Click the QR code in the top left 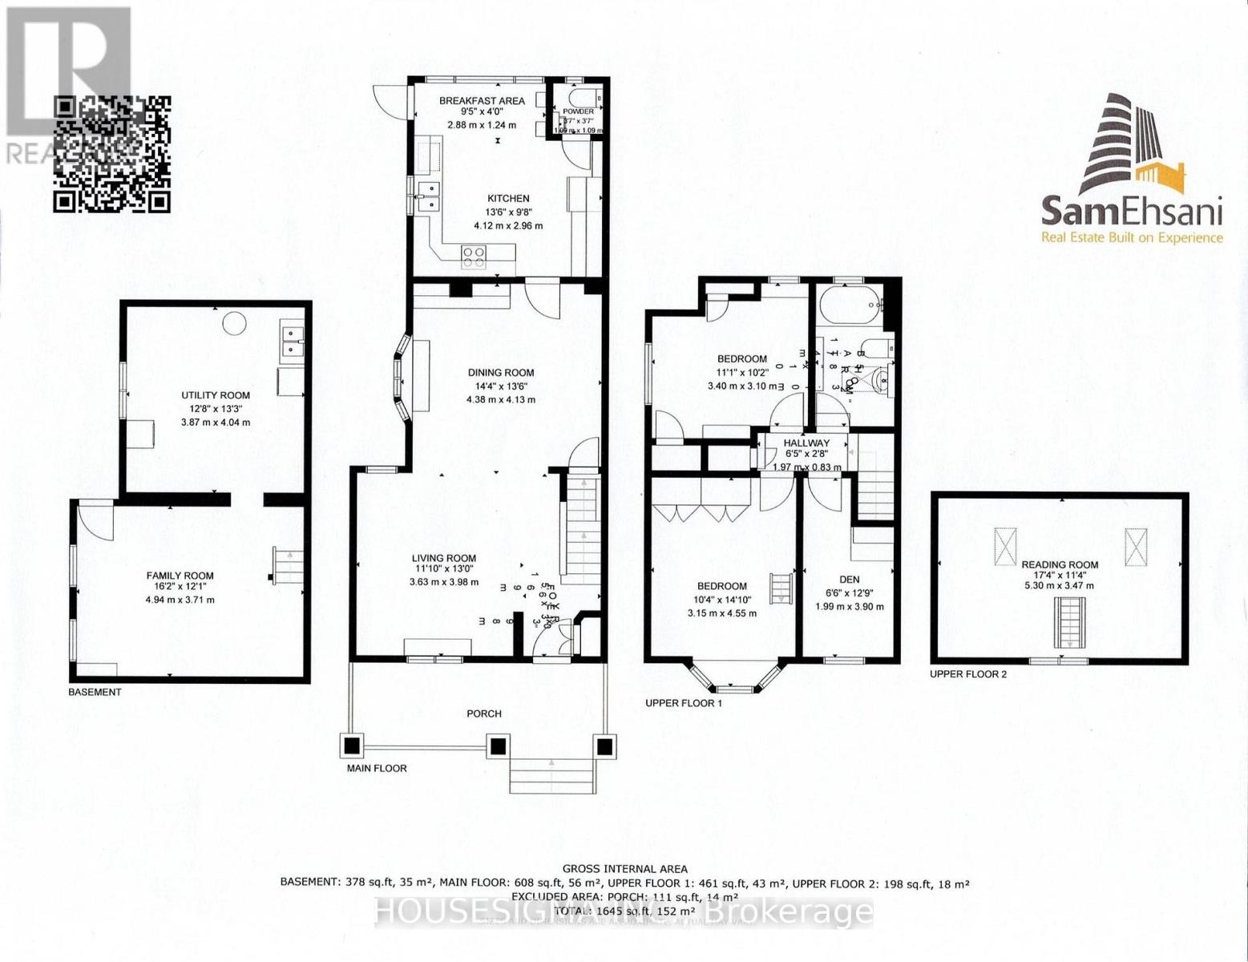[111, 154]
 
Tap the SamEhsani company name [1131, 212]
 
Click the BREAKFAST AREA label [482, 101]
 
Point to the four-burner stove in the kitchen [474, 256]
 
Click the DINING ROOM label [501, 373]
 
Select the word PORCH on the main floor [484, 713]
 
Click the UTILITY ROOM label [215, 395]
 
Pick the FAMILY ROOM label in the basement [180, 576]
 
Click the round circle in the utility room [234, 323]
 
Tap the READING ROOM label [1060, 564]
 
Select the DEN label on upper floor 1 [849, 580]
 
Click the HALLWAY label [806, 443]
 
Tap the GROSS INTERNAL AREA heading [624, 868]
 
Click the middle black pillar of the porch [498, 747]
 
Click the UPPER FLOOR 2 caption [967, 674]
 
